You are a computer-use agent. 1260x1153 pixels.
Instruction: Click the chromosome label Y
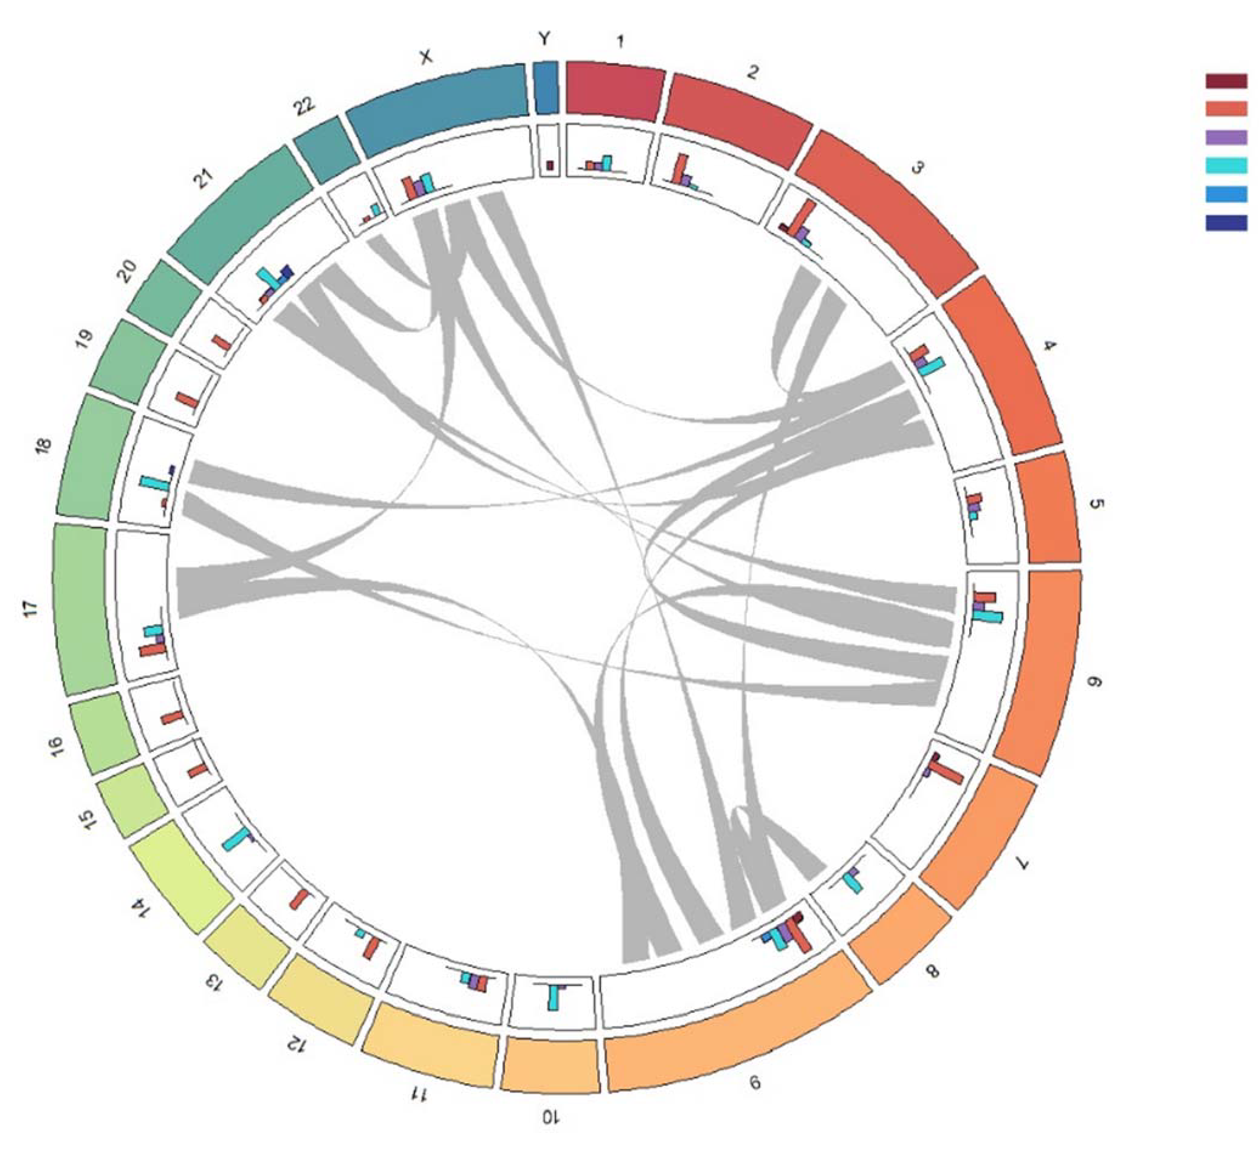click(545, 39)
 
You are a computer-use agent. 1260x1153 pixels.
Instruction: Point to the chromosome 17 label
click(31, 608)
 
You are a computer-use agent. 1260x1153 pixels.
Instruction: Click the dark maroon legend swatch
click(1226, 81)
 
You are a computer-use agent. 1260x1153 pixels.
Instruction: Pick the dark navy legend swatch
click(1226, 222)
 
